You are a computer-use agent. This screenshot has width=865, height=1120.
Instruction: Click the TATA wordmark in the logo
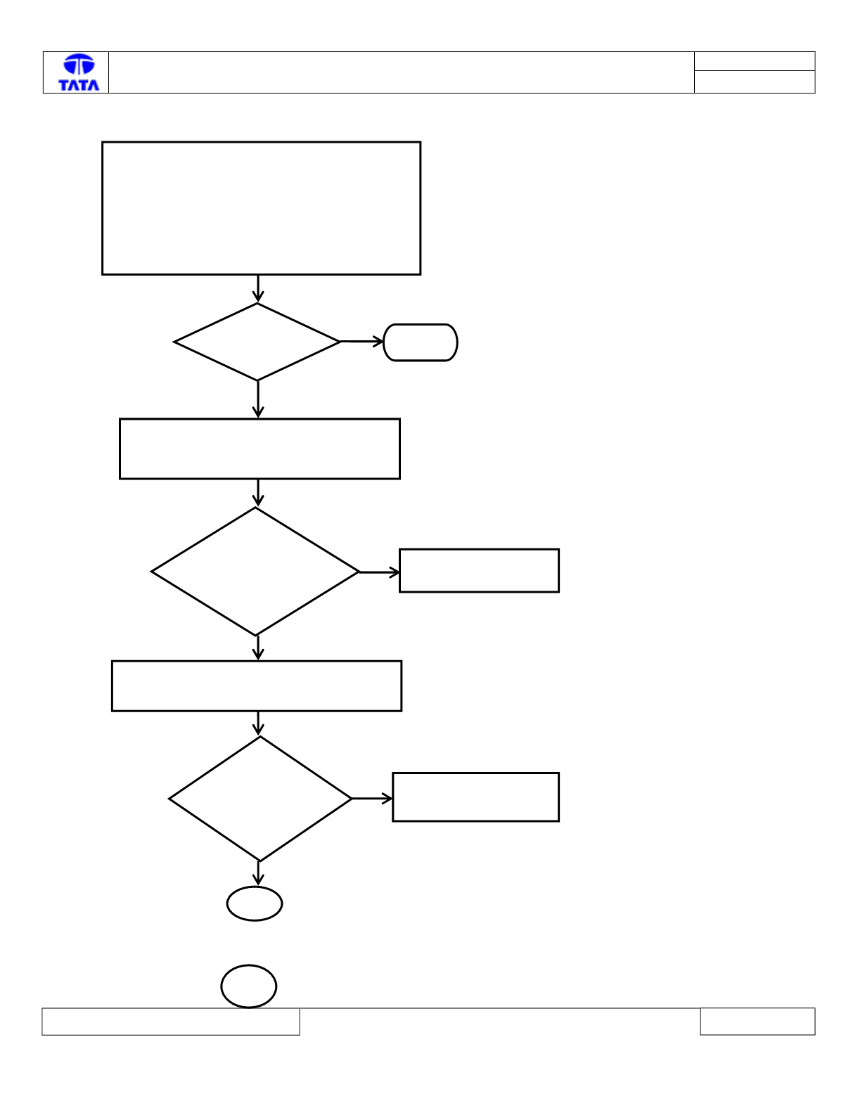[x=79, y=85]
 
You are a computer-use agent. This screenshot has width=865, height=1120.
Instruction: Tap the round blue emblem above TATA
[x=79, y=65]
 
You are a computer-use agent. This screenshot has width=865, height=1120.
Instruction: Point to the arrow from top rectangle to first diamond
[x=258, y=289]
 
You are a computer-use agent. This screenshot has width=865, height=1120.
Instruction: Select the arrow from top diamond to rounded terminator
[x=362, y=342]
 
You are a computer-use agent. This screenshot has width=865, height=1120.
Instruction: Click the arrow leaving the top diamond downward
[x=258, y=399]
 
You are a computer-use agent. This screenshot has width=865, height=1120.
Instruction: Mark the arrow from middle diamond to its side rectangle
[x=379, y=572]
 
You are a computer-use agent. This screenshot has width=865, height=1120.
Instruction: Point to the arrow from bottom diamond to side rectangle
[x=372, y=799]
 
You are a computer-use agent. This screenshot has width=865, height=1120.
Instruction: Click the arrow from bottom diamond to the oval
[x=258, y=874]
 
